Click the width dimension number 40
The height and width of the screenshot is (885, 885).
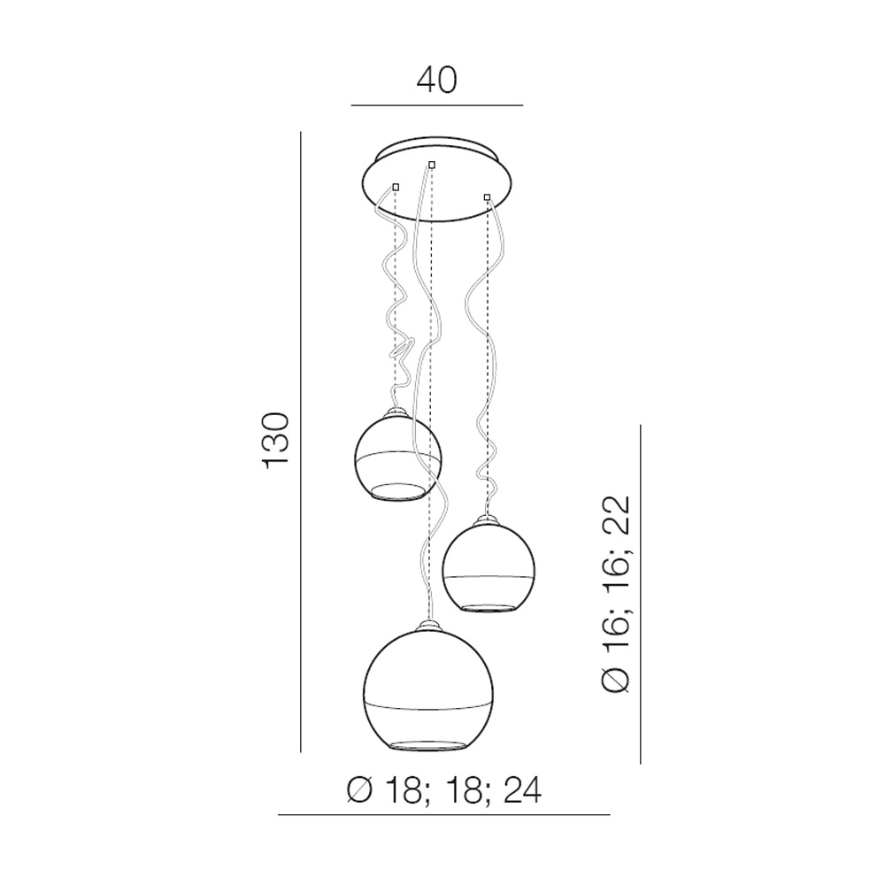point(437,81)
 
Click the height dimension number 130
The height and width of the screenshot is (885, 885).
point(276,440)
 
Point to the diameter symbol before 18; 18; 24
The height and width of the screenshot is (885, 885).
point(359,790)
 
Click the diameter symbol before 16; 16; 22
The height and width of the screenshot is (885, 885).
point(615,680)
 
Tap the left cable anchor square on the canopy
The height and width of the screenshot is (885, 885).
point(396,187)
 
